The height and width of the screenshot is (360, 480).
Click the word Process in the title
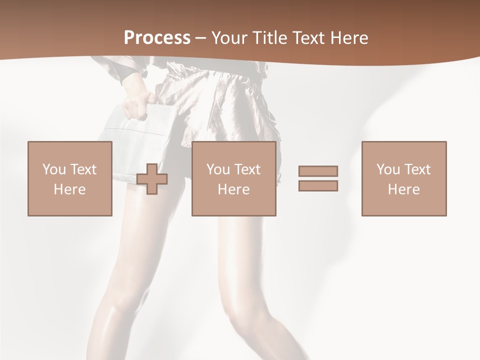[x=157, y=38]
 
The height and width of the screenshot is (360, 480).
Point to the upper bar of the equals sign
[x=318, y=171]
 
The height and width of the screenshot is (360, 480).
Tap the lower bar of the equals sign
[x=318, y=186]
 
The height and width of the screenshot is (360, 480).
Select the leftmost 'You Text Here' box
[x=70, y=178]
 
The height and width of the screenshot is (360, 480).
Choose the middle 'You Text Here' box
[x=233, y=178]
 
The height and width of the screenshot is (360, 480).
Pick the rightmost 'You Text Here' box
[x=404, y=178]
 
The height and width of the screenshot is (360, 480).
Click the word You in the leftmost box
[x=53, y=169]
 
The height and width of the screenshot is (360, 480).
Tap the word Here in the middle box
[x=233, y=189]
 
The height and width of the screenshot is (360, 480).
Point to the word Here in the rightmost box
[x=404, y=189]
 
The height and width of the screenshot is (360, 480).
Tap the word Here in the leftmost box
[x=70, y=189]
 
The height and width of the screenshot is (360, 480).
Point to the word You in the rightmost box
[x=387, y=169]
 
